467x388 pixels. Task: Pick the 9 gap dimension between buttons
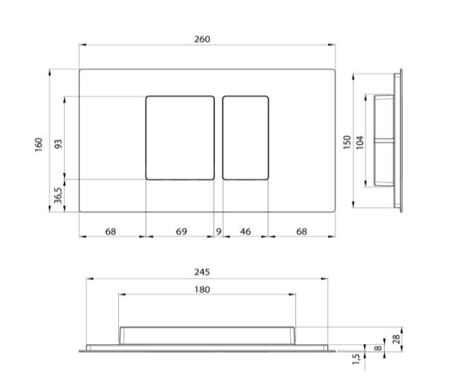(219, 232)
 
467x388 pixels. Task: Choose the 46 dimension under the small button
(245, 232)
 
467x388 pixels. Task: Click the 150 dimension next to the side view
(346, 141)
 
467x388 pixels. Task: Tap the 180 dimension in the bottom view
(202, 290)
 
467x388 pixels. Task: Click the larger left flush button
(180, 137)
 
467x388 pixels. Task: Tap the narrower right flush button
(245, 137)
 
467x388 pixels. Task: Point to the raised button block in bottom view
(207, 335)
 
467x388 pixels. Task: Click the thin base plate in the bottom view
(207, 349)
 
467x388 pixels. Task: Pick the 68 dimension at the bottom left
(111, 232)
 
